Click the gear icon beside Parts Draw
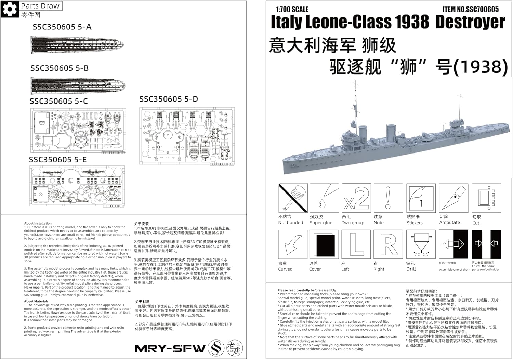[10, 9]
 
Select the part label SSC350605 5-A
[62, 27]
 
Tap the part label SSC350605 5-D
[169, 99]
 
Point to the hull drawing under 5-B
[78, 85]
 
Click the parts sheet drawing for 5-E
[77, 186]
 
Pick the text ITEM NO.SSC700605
[470, 9]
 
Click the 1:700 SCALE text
[292, 9]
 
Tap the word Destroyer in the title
[470, 22]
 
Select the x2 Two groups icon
[356, 198]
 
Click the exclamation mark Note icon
[388, 198]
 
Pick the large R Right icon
[388, 244]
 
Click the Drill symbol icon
[421, 244]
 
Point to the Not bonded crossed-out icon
[293, 198]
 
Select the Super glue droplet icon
[324, 198]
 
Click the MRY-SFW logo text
[170, 348]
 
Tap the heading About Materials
[36, 301]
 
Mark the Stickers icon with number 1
[421, 198]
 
